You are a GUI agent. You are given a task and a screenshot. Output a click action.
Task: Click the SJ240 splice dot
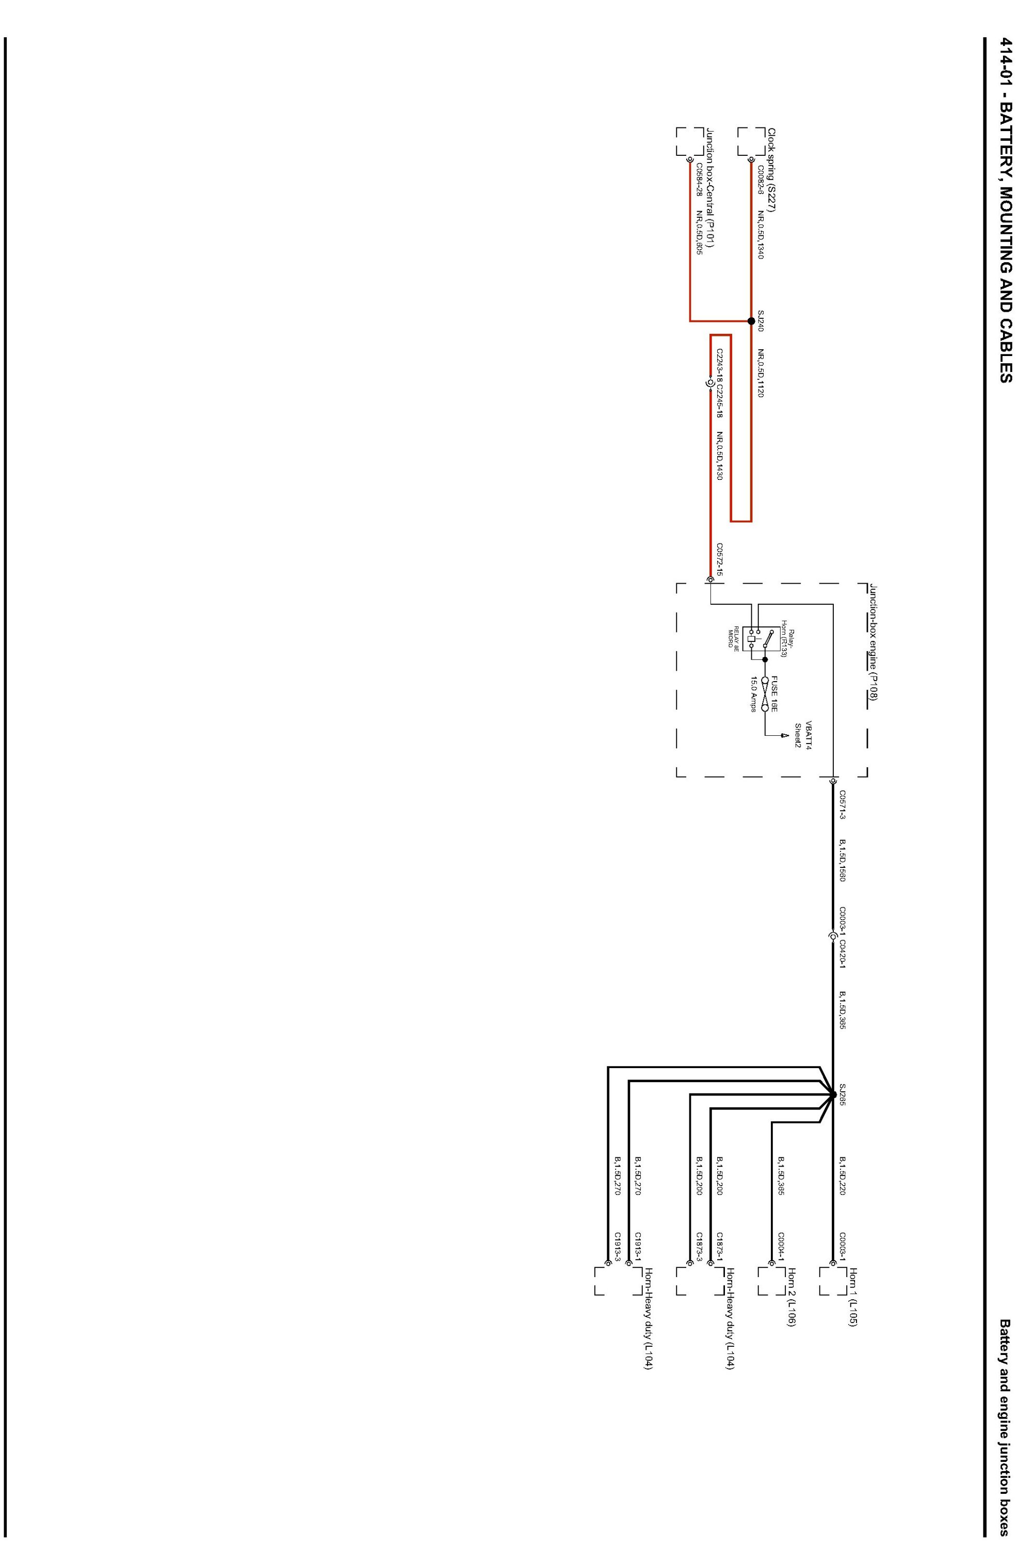(751, 320)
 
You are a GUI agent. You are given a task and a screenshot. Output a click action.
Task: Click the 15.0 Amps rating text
(754, 694)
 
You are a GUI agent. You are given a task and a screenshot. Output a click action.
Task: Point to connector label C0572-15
(719, 560)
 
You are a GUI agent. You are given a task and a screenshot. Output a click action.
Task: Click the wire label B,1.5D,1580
(843, 860)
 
